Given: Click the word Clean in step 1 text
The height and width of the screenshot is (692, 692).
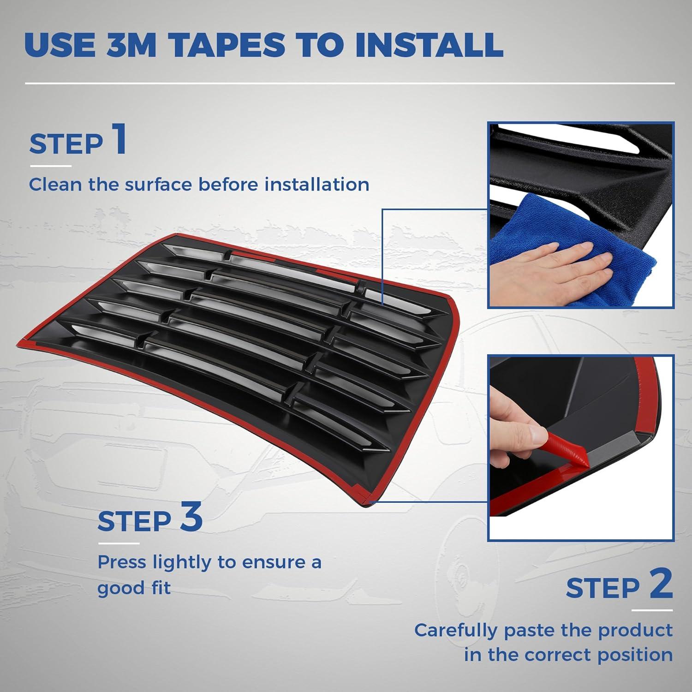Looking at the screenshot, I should [55, 185].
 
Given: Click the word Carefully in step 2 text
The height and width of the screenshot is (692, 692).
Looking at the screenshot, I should [456, 630].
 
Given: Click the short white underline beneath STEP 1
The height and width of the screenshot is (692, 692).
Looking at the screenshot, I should [51, 166].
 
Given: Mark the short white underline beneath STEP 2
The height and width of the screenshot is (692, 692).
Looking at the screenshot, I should [652, 610].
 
